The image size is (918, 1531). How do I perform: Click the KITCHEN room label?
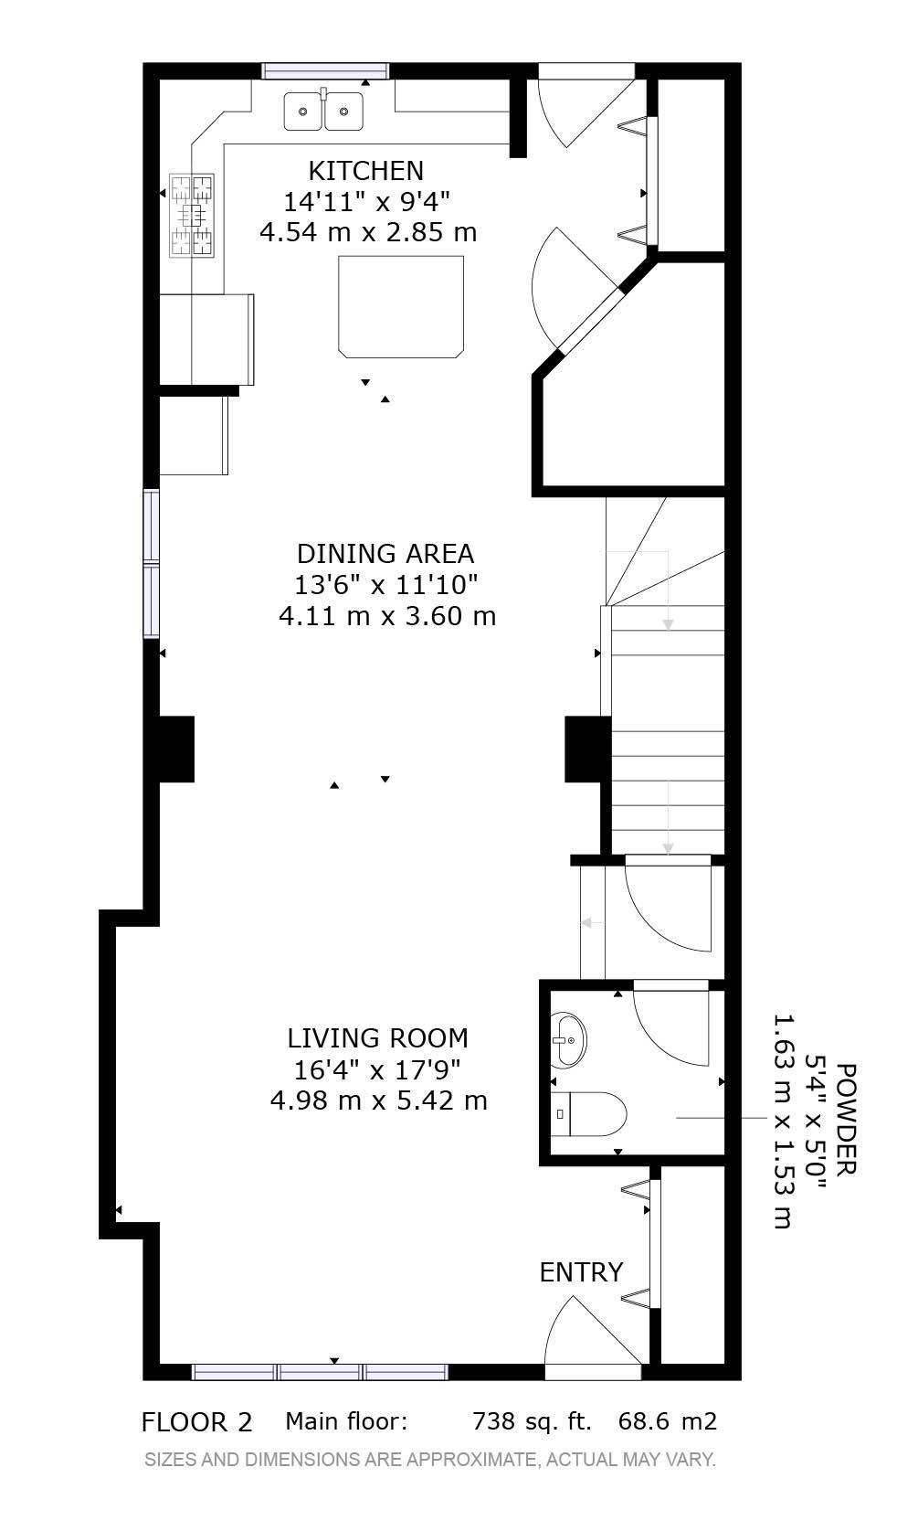tap(366, 170)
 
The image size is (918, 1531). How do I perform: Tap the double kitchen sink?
tap(323, 112)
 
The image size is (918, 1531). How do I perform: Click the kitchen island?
tap(401, 306)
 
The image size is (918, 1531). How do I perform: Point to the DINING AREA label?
tap(385, 553)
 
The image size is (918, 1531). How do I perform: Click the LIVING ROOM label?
tap(378, 1037)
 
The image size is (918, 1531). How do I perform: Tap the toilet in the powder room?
tap(588, 1113)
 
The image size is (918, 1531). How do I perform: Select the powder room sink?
tap(568, 1039)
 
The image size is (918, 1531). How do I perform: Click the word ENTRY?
tap(581, 1272)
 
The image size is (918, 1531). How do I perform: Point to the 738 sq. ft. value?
tap(532, 1421)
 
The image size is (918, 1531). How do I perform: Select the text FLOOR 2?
tap(196, 1422)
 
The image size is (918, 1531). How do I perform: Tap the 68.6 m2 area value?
tap(668, 1421)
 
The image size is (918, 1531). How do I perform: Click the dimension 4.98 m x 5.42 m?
tap(379, 1100)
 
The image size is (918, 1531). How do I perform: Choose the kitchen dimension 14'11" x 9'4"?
tap(367, 202)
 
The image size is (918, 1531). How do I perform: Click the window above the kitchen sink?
tap(326, 71)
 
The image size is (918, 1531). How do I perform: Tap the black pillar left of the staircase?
tap(586, 750)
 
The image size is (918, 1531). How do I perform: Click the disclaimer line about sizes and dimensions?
tap(429, 1460)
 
